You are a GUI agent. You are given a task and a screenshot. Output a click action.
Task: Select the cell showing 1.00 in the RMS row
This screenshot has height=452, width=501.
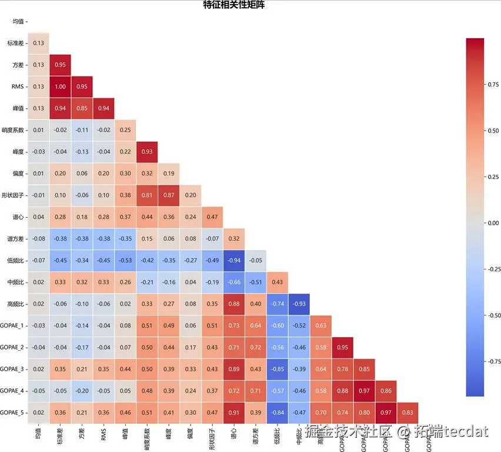[x=60, y=87]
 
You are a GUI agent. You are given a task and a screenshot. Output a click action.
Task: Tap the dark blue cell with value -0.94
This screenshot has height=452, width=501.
[x=234, y=260]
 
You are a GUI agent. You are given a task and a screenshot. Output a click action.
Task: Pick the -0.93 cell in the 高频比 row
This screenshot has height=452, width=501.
[x=299, y=304]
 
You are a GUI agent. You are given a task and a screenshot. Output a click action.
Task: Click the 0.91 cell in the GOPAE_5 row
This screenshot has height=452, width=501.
[x=234, y=413]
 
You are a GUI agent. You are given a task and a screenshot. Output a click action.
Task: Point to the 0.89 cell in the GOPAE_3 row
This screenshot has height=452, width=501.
[x=234, y=369]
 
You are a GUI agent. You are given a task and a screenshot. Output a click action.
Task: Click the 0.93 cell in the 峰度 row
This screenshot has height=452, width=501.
[x=147, y=152]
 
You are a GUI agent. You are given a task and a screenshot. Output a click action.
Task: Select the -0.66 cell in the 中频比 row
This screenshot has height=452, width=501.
[x=234, y=282]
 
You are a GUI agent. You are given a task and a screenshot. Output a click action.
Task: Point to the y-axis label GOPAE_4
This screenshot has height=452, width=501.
[x=12, y=391]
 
